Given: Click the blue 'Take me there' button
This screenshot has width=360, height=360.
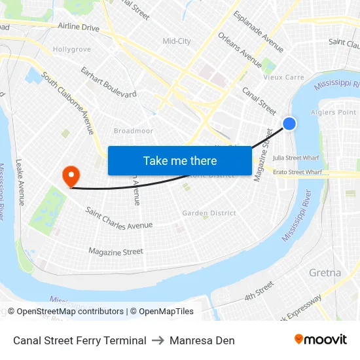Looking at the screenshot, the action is [x=180, y=160].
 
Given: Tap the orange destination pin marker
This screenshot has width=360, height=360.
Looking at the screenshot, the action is [x=70, y=175].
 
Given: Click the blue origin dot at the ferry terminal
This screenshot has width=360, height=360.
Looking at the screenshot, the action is [x=289, y=124].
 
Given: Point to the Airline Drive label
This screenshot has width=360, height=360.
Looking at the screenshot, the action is [x=79, y=27].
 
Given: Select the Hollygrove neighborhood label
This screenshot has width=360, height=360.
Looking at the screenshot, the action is [x=72, y=49].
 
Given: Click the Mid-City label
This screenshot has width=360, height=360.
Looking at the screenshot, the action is [x=177, y=41].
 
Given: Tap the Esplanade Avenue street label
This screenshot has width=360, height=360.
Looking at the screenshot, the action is [x=258, y=31].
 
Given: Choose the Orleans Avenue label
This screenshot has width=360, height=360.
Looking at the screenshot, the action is [x=240, y=51].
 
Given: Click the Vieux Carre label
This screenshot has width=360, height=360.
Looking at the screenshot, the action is [x=283, y=77].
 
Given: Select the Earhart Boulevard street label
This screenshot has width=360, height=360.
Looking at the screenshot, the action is [x=109, y=82].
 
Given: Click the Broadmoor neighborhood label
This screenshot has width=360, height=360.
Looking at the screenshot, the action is [x=133, y=131].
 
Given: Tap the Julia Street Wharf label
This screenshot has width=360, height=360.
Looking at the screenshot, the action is [x=297, y=158].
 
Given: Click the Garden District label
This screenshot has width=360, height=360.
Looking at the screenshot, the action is [x=209, y=213].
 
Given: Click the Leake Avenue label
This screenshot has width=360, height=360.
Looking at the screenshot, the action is [x=20, y=183].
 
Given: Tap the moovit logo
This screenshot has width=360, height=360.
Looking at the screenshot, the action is [x=321, y=340].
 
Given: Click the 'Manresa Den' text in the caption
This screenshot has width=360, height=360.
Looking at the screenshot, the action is [x=202, y=340].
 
